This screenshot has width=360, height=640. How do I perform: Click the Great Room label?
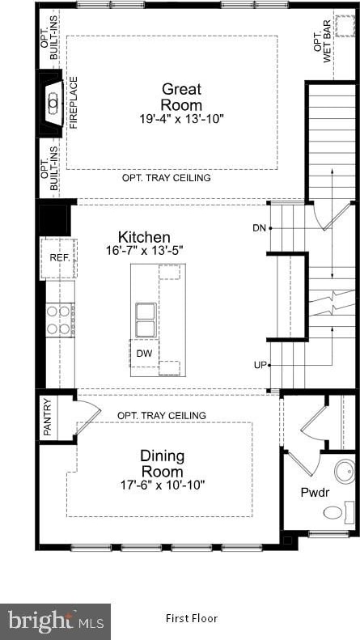(182, 97)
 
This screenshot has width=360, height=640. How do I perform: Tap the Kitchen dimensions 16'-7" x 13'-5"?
(144, 250)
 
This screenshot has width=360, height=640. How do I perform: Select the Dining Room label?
(162, 464)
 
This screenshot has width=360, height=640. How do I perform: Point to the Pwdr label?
(316, 493)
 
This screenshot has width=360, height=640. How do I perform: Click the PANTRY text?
(48, 417)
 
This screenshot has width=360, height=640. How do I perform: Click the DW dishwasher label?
(144, 354)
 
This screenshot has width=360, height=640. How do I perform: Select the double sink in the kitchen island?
(146, 320)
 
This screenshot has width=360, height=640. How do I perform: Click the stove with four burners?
(60, 320)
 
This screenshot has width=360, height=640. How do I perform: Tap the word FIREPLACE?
(74, 103)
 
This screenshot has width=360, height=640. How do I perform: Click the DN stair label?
(259, 228)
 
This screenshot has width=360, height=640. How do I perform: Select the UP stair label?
(260, 365)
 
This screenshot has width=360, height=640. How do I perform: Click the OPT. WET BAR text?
(322, 48)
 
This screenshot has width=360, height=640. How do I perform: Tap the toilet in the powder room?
(340, 513)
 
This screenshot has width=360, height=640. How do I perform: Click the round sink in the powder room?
(345, 472)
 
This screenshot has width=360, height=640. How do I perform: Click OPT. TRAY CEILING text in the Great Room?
(167, 178)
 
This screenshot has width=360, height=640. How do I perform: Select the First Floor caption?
(192, 618)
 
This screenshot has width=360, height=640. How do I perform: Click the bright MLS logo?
(55, 621)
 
